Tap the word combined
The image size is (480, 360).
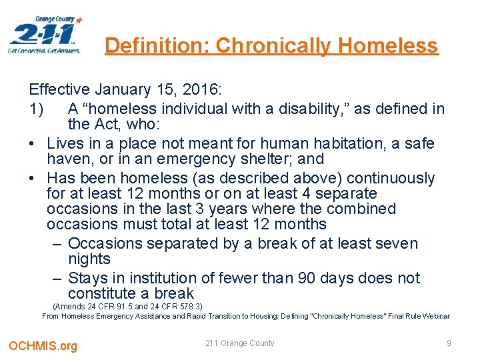(363, 209)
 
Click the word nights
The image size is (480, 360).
(89, 259)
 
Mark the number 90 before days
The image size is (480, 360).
(328, 278)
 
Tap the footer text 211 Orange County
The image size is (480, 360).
(240, 343)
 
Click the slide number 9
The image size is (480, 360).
(449, 343)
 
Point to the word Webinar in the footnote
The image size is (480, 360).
(434, 316)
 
